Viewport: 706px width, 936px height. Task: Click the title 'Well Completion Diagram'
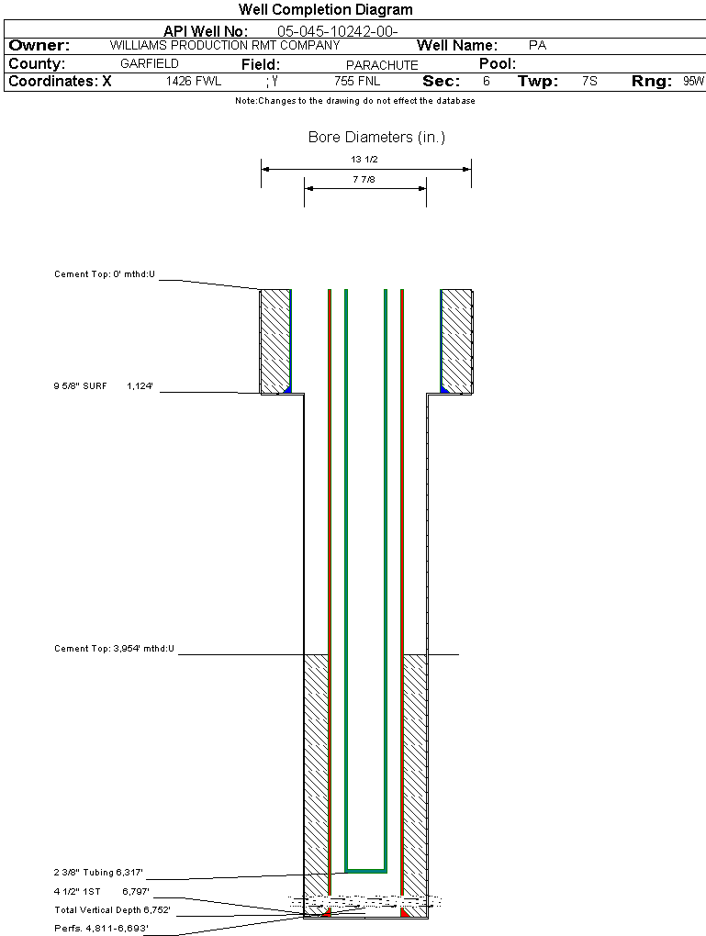[x=325, y=10]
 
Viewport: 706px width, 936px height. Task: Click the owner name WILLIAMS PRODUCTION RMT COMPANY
[x=224, y=45]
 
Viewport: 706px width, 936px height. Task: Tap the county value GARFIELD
[x=150, y=64]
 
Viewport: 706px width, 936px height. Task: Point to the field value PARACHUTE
[x=382, y=65]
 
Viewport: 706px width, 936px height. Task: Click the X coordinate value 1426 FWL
[x=194, y=82]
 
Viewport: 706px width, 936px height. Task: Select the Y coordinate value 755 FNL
[x=356, y=82]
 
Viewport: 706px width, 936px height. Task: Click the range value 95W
[x=693, y=82]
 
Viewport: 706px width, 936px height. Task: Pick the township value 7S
[x=589, y=82]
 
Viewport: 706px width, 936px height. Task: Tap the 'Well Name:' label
[x=457, y=46]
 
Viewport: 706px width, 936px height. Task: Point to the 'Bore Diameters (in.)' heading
[x=376, y=138]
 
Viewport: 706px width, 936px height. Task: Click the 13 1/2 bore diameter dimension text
[x=364, y=160]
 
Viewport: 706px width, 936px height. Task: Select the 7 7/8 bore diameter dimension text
[x=364, y=180]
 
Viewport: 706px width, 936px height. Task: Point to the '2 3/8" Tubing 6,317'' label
[x=98, y=873]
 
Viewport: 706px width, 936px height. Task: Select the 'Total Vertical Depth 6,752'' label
[x=112, y=910]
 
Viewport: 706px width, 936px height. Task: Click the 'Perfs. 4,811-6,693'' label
[x=101, y=929]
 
